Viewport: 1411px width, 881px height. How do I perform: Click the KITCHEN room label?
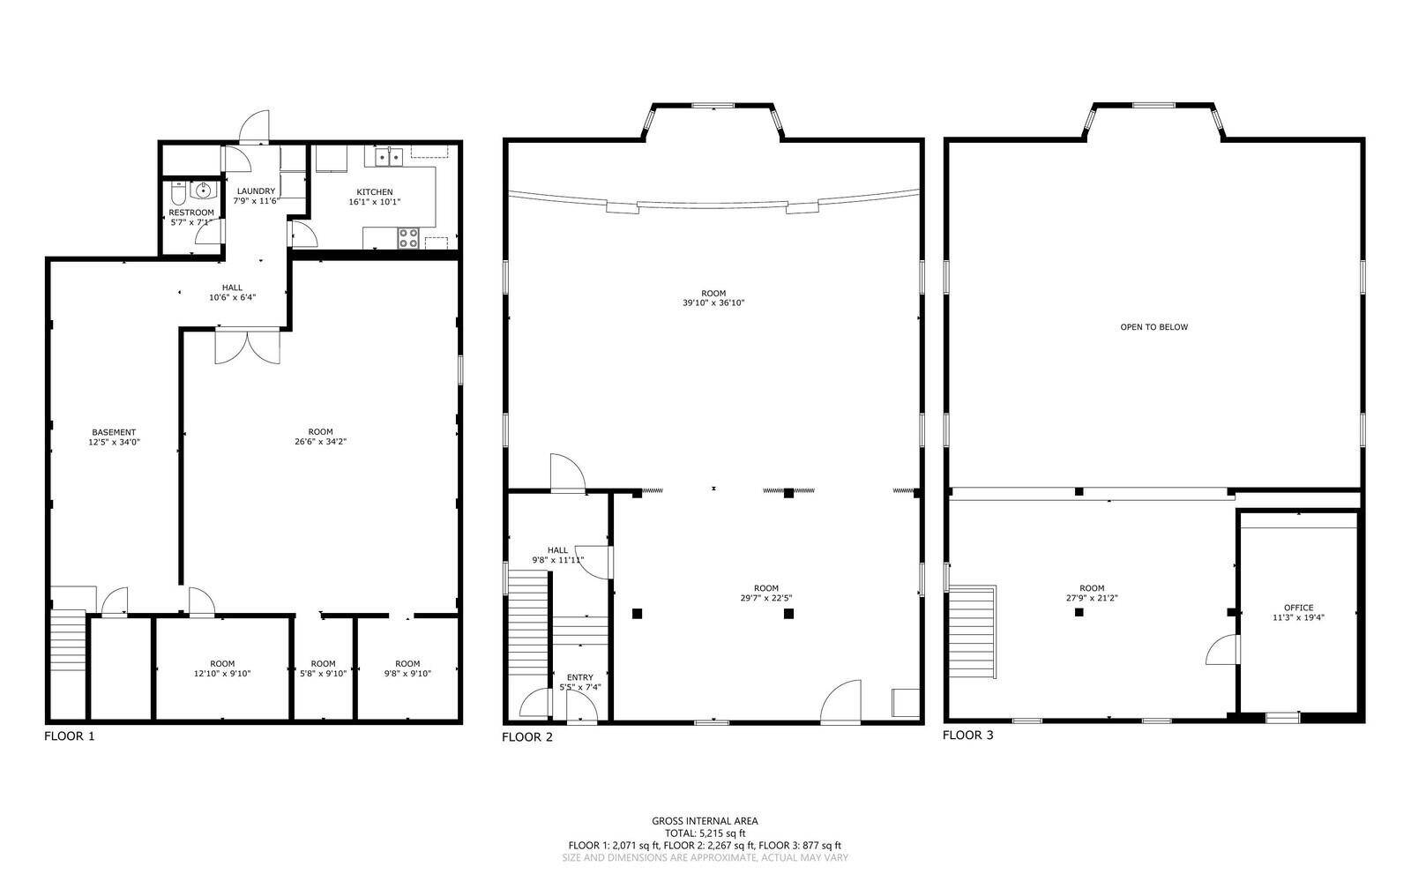pyautogui.click(x=374, y=192)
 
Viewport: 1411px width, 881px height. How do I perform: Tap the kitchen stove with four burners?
pyautogui.click(x=408, y=238)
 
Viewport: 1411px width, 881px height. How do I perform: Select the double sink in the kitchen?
pyautogui.click(x=389, y=156)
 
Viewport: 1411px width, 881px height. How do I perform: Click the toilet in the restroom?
pyautogui.click(x=179, y=194)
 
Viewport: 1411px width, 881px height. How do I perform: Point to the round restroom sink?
pyautogui.click(x=203, y=189)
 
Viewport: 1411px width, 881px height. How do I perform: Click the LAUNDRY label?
pyautogui.click(x=256, y=190)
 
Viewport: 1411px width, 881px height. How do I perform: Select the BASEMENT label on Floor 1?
pyautogui.click(x=114, y=432)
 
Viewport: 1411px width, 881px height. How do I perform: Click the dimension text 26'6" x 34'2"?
pyautogui.click(x=321, y=442)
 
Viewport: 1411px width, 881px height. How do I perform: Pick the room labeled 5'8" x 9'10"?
pyautogui.click(x=323, y=668)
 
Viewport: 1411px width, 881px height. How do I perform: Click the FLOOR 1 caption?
pyautogui.click(x=70, y=735)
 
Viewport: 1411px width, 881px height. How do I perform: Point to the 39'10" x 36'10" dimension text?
pyautogui.click(x=713, y=302)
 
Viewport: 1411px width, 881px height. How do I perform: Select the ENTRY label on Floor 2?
pyautogui.click(x=579, y=677)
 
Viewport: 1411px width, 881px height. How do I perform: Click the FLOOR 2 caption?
pyautogui.click(x=527, y=736)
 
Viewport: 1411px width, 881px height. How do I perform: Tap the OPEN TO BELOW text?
pyautogui.click(x=1154, y=327)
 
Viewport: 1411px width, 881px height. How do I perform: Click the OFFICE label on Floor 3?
pyautogui.click(x=1298, y=608)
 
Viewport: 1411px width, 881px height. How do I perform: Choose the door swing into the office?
pyautogui.click(x=1222, y=650)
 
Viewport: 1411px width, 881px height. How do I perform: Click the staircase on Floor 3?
pyautogui.click(x=974, y=631)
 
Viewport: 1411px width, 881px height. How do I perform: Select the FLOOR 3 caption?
pyautogui.click(x=968, y=735)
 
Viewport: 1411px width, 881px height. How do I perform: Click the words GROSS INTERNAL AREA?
pyautogui.click(x=705, y=820)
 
